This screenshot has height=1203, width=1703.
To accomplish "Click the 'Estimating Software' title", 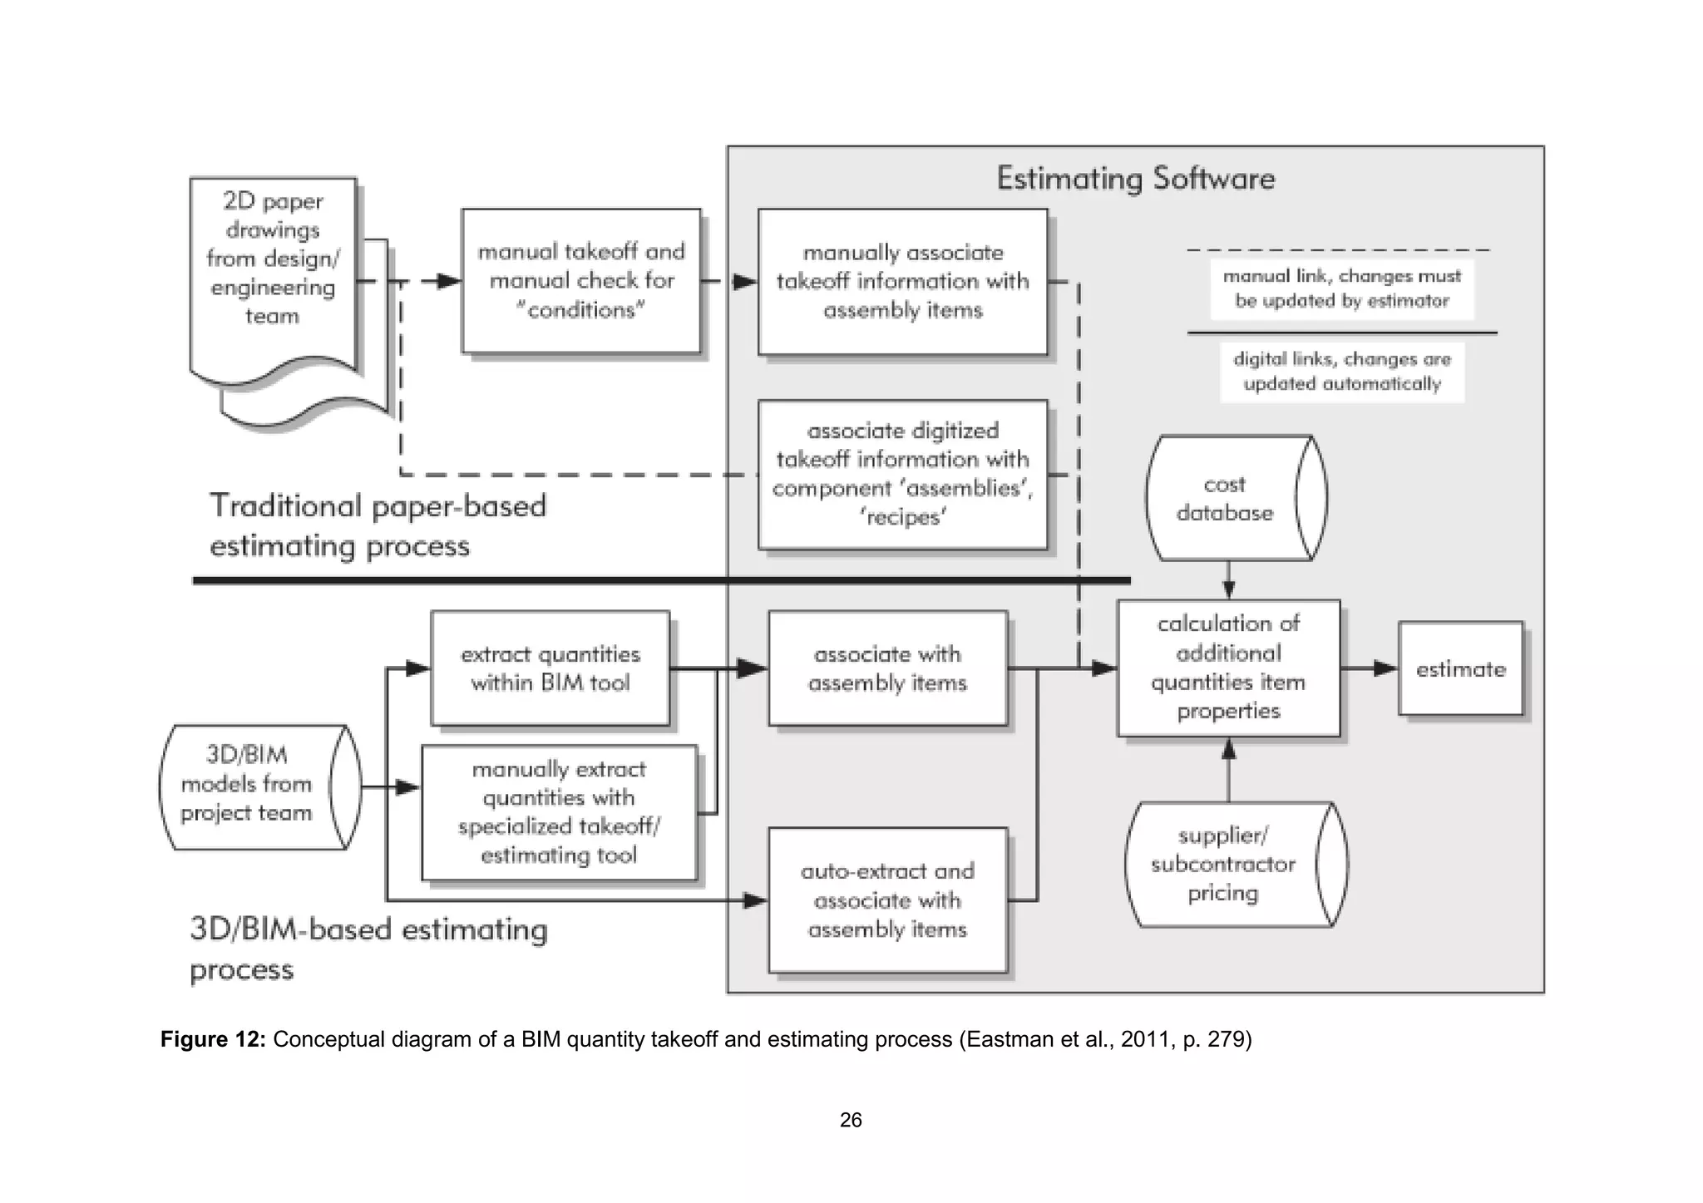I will pos(1135,179).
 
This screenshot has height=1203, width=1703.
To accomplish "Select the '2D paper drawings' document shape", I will pos(273,274).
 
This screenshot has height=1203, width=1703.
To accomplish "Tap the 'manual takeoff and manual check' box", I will pos(580,281).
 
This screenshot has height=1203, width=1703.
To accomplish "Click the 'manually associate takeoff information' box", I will pos(902,282).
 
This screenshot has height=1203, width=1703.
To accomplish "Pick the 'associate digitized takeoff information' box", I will pos(902,474).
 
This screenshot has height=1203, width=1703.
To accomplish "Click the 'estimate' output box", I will pos(1460,668).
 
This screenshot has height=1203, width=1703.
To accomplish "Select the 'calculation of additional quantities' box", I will pos(1228,668).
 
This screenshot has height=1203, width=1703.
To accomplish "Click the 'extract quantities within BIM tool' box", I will pos(550,668).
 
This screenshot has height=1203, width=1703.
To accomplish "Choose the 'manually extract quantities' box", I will pos(558,812).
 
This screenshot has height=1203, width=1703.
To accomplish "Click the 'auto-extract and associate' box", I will pos(887,900).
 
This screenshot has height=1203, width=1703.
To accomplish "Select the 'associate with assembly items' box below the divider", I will pos(887,668).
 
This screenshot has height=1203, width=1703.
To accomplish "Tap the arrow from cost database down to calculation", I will pos(1229,581).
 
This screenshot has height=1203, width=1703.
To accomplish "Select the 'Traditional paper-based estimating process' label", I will pos(378,525).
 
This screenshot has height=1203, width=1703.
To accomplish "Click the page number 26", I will pos(851,1120).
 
